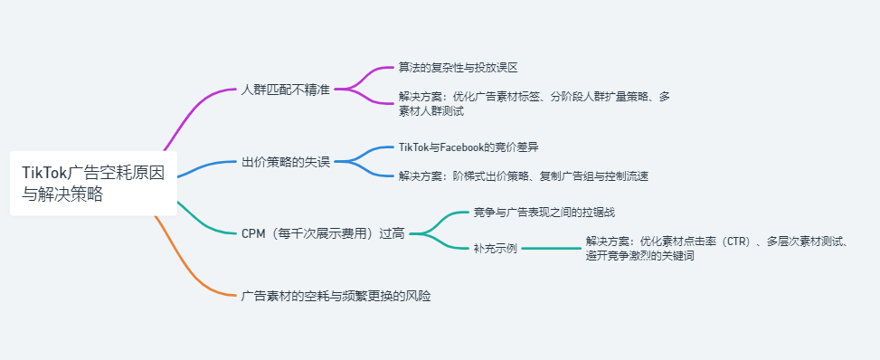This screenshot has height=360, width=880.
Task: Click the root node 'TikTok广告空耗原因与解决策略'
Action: click(x=93, y=182)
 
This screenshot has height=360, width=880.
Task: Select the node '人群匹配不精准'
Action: click(x=286, y=90)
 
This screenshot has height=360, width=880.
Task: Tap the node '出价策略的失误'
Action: click(x=286, y=162)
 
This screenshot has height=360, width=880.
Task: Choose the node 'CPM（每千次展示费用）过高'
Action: click(x=323, y=233)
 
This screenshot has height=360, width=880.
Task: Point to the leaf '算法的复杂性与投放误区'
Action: click(x=458, y=67)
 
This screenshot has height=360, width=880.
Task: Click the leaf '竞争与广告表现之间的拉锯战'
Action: click(x=544, y=213)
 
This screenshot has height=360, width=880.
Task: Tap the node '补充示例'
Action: click(x=495, y=248)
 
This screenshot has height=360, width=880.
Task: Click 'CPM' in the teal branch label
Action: click(x=253, y=233)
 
